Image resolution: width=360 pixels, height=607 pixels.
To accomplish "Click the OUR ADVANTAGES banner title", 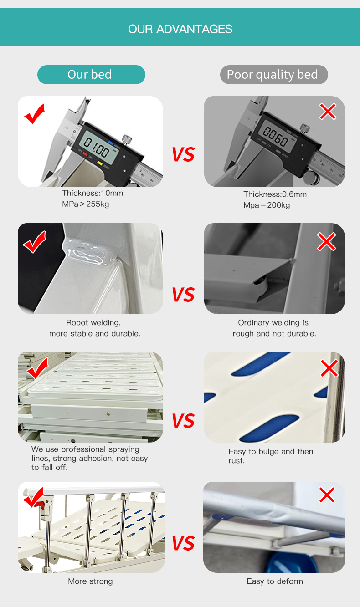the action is [180, 29].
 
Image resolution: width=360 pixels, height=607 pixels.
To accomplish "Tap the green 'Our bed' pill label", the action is [91, 75].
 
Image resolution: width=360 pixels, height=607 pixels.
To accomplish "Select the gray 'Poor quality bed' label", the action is [274, 75].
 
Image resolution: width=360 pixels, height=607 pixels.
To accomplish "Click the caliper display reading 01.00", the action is [98, 147].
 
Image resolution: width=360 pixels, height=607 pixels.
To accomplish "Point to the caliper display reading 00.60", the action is [277, 136].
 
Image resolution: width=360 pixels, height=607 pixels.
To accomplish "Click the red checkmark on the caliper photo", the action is [35, 114].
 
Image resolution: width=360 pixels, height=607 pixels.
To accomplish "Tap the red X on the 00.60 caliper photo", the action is [328, 112].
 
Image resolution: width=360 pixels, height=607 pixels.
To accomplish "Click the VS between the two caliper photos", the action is [184, 154].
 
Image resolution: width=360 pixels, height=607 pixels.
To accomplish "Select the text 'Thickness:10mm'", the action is [93, 193].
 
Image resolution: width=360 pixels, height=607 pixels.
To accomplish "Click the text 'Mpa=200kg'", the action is [267, 205].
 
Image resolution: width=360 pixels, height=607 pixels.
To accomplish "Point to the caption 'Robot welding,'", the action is [93, 322].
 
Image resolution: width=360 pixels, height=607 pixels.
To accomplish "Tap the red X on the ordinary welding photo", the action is [326, 241].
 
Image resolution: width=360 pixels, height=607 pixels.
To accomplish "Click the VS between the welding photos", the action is [184, 295].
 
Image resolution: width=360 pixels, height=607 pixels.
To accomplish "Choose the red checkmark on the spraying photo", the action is [36, 368].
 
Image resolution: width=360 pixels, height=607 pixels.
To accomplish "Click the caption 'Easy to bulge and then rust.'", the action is [271, 456].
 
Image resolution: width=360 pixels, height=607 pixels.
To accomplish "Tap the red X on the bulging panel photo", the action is [329, 368].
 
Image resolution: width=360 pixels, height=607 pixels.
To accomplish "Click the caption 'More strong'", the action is [90, 581].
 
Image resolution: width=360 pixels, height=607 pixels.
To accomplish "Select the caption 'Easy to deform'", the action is [275, 581].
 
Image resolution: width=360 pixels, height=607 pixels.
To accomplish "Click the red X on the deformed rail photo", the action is [327, 495].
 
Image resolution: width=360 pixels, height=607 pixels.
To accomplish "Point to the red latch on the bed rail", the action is [40, 504].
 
